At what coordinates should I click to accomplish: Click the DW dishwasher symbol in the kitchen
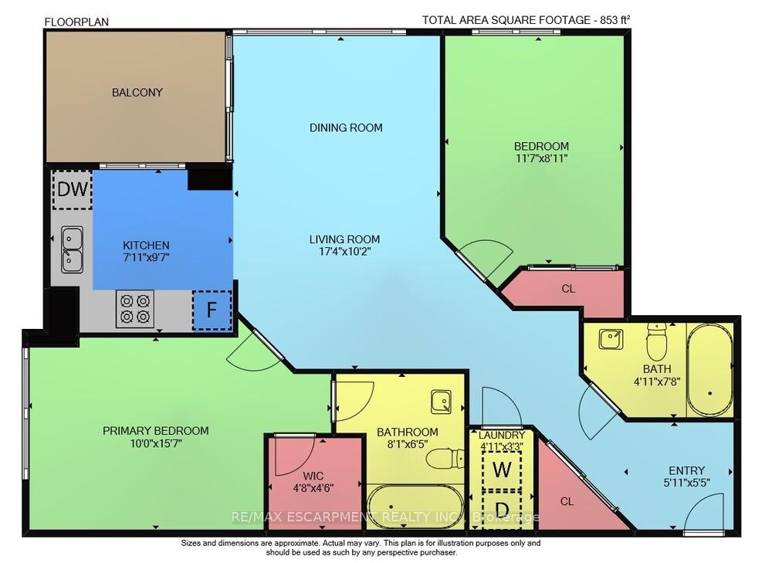(73, 189)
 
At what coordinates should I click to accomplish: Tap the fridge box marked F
(212, 310)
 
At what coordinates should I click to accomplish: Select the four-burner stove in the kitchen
(135, 308)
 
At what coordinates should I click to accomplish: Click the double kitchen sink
(72, 249)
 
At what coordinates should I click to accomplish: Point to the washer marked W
(502, 470)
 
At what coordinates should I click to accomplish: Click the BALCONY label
(137, 93)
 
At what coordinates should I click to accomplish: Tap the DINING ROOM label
(346, 128)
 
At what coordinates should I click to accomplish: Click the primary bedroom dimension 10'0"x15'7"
(156, 443)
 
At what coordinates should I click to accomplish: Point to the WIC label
(313, 476)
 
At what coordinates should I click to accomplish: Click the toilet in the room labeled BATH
(656, 342)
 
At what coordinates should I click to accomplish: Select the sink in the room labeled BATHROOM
(441, 402)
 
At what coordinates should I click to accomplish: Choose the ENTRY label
(686, 470)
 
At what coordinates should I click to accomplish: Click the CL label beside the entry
(567, 501)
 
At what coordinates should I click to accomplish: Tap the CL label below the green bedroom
(568, 289)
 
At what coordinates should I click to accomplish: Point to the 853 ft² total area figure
(612, 20)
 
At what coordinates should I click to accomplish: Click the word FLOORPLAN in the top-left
(76, 22)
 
